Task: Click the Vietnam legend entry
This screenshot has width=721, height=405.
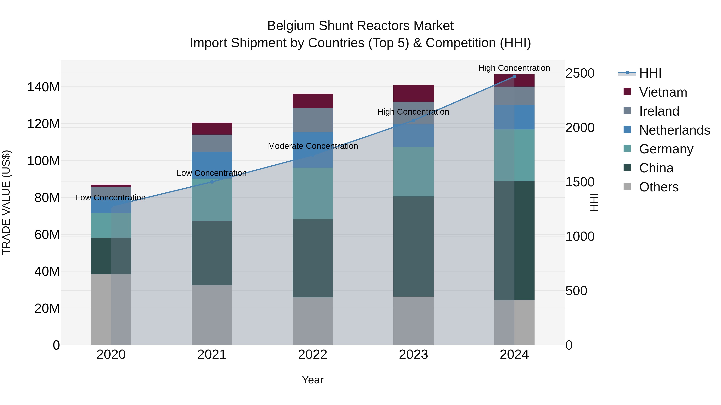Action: (x=663, y=92)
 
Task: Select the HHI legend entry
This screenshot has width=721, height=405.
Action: (x=650, y=73)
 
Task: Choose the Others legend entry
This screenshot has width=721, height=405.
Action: (x=659, y=187)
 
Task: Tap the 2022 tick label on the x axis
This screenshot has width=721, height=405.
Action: (x=312, y=355)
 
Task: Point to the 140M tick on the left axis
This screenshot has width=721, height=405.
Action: (x=43, y=87)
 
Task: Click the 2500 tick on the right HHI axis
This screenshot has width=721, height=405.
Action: (x=580, y=74)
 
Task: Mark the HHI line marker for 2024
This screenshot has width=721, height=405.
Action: (x=514, y=77)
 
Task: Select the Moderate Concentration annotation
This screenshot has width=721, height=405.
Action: (x=313, y=146)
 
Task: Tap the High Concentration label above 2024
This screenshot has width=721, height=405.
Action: (x=514, y=68)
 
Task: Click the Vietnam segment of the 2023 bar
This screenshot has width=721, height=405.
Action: (x=413, y=93)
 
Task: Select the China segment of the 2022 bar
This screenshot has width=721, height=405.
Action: (x=313, y=258)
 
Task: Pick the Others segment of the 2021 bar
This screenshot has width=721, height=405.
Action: (x=212, y=315)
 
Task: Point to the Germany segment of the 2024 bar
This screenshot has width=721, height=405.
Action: (x=514, y=155)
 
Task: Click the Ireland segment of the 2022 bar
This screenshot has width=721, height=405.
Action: (x=313, y=120)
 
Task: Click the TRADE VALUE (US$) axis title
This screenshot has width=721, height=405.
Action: (x=6, y=202)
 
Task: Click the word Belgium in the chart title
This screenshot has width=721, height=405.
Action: (x=291, y=26)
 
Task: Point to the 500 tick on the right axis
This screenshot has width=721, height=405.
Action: (x=576, y=291)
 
